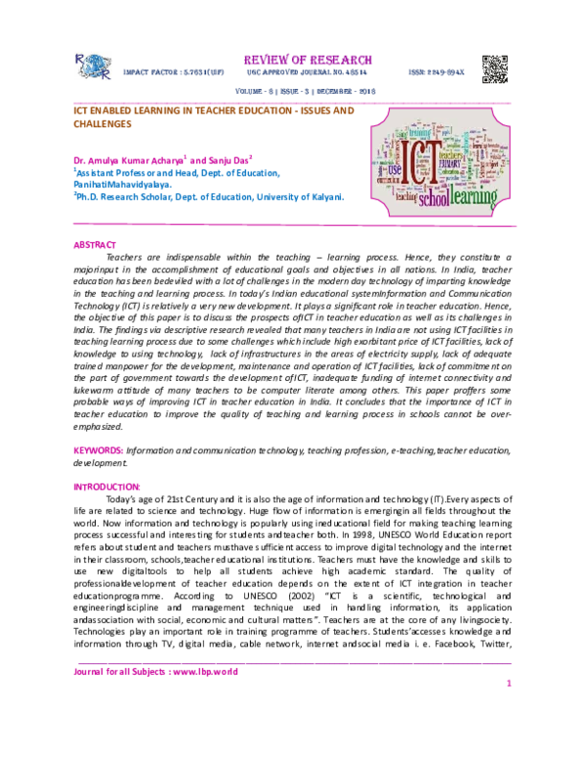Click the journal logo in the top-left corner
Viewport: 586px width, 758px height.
pyautogui.click(x=93, y=65)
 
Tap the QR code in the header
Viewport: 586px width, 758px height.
pyautogui.click(x=494, y=68)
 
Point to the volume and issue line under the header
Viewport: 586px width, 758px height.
pyautogui.click(x=292, y=92)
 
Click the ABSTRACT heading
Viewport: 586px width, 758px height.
pyautogui.click(x=95, y=245)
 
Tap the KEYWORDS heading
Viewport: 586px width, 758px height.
pyautogui.click(x=99, y=450)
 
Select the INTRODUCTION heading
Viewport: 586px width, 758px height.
pyautogui.click(x=107, y=486)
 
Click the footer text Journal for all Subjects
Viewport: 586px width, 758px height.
pyautogui.click(x=156, y=672)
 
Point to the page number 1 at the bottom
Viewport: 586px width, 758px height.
pyautogui.click(x=509, y=684)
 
